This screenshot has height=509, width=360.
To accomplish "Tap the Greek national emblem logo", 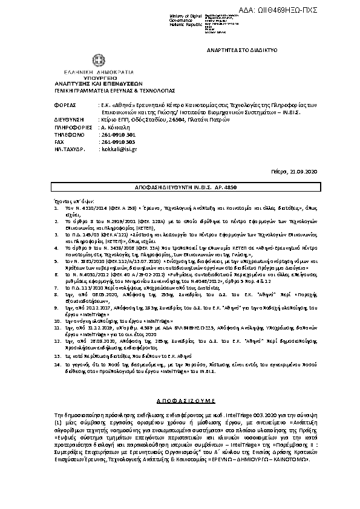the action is click(97, 61).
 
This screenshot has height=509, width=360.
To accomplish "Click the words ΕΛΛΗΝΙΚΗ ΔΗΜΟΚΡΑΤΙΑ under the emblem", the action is click(97, 73).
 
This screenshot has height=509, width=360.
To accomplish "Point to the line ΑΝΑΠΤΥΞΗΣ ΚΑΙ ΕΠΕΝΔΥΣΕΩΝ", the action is click(97, 83).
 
